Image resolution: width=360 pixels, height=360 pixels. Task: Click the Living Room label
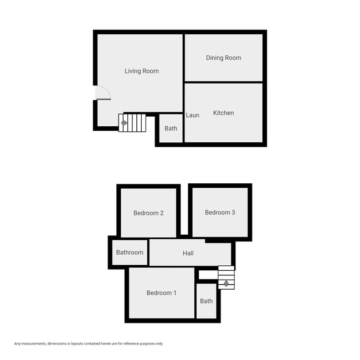[141, 71]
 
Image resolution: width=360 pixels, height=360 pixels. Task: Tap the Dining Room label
[223, 58]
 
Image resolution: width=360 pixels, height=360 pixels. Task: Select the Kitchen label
[223, 113]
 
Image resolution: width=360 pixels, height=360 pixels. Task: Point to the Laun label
[192, 115]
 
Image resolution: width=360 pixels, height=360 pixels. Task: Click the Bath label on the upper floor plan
[171, 128]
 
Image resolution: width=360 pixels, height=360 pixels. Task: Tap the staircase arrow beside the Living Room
[125, 123]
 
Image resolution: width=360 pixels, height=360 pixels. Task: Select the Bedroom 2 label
[148, 213]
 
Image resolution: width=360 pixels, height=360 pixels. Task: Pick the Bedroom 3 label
[220, 213]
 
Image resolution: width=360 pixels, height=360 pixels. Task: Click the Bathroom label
[130, 253]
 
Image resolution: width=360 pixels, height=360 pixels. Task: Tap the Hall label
[188, 254]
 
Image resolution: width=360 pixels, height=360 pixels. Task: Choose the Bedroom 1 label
[161, 293]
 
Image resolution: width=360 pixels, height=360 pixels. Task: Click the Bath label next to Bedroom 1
[206, 301]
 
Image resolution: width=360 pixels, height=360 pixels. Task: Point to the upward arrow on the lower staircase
[225, 284]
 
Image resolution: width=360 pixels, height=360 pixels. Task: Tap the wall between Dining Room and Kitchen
[223, 83]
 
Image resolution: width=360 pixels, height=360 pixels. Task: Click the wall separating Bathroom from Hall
[148, 253]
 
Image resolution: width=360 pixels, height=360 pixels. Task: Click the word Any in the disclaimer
[17, 343]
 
